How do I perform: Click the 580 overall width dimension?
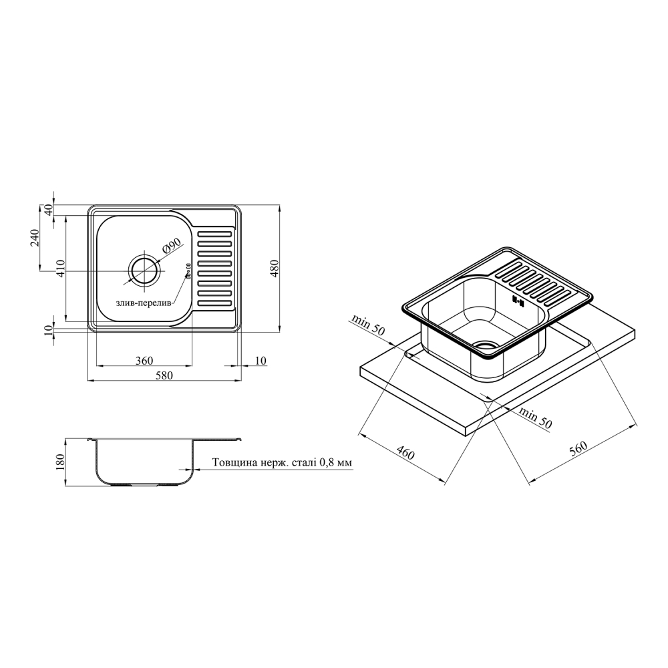tap(164, 375)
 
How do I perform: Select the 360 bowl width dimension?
tap(144, 361)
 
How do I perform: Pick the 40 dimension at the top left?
tap(49, 210)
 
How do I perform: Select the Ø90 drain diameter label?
tap(171, 246)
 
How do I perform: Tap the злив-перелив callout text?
tap(143, 303)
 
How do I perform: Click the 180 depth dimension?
tap(60, 462)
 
